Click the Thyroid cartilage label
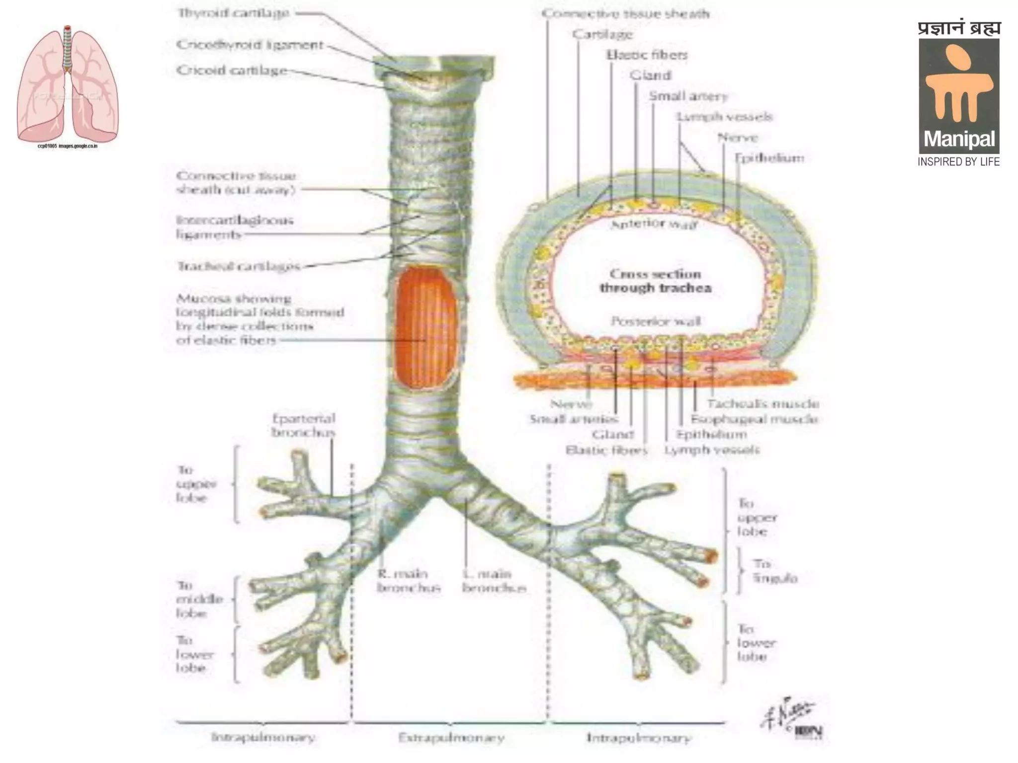point(233,13)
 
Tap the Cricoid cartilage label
point(232,71)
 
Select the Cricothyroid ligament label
point(250,45)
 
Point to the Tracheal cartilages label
point(239,267)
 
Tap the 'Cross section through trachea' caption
point(655,281)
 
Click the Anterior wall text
point(654,224)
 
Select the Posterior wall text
point(656,321)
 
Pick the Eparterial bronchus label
point(303,425)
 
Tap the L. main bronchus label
point(494,581)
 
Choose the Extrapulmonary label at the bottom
point(451,738)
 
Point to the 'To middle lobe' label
point(199,599)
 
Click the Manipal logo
point(958,94)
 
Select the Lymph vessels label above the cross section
point(724,117)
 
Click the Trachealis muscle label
point(763,404)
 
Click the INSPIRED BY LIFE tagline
point(958,162)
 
